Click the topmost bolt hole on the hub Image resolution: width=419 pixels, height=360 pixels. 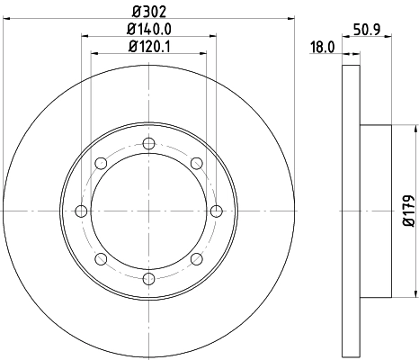coord(148,142)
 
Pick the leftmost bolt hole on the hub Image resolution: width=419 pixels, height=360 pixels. coord(81,211)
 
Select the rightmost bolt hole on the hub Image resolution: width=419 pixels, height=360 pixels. coord(217,211)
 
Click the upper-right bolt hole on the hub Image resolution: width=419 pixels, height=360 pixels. coord(196,163)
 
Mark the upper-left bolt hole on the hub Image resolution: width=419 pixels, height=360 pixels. coord(101,163)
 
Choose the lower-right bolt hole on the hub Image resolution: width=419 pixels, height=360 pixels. coord(196,259)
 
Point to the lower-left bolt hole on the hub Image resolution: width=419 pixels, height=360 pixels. coord(101,259)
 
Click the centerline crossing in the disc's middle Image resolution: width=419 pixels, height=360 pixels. coord(148,211)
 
